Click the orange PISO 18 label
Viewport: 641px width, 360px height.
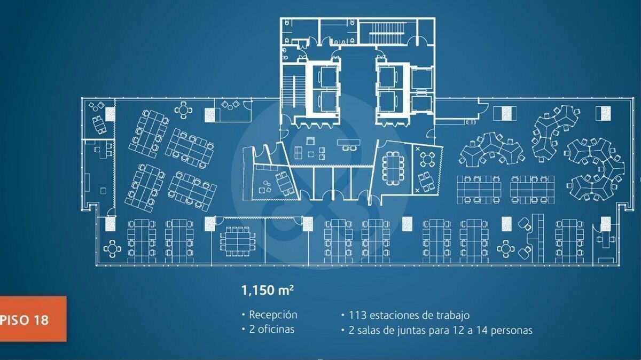32,319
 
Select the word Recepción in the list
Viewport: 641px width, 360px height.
273,315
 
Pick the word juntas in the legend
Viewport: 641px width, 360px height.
411,330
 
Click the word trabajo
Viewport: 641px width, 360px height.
451,315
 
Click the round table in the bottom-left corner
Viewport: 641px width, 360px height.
113,248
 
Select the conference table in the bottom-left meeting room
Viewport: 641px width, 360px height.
234,241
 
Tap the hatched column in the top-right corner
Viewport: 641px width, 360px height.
603,113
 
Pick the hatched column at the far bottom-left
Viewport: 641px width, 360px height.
111,223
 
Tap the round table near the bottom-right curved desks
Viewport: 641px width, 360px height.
505,248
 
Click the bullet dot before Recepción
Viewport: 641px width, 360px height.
244,315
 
